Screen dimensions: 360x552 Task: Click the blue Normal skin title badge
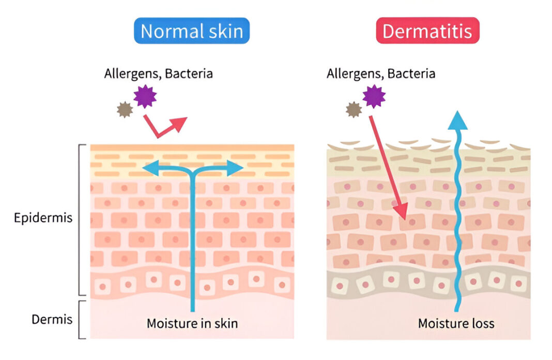pos(192,31)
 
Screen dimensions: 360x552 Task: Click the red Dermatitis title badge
pos(427,31)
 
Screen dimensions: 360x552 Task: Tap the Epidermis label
pos(43,218)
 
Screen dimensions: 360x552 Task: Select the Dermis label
pos(52,319)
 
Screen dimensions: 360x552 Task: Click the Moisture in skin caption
pos(192,324)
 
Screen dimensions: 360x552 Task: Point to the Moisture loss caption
pos(456,324)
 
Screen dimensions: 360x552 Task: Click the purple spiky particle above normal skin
pos(145,96)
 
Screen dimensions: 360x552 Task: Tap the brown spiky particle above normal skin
pos(125,110)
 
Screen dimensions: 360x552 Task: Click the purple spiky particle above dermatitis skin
pos(374,96)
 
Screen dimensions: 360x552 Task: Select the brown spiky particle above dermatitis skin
pos(354,109)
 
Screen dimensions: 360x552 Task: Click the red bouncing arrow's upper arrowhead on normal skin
pos(179,124)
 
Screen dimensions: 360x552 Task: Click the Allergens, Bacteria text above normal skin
pos(158,73)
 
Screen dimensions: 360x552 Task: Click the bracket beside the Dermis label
pos(82,319)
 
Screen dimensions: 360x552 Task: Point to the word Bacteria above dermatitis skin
pos(411,73)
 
